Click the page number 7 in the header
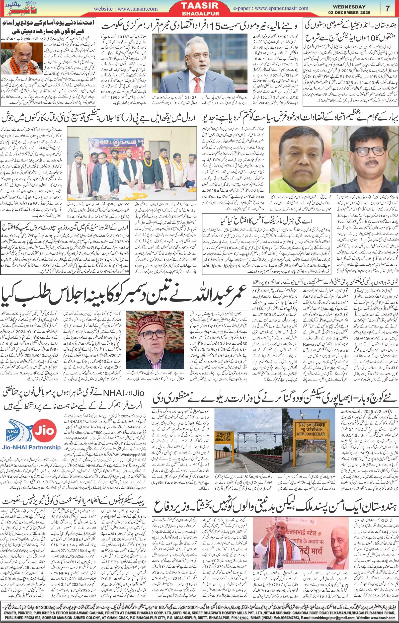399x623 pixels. (x=387, y=8)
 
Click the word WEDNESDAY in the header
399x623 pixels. (x=353, y=7)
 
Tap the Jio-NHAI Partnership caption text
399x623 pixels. (x=31, y=447)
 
